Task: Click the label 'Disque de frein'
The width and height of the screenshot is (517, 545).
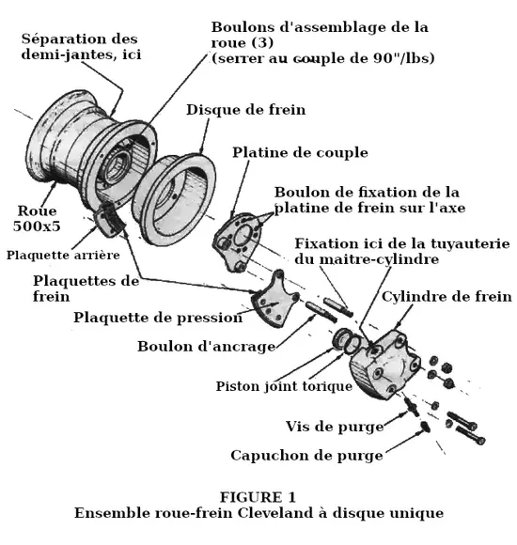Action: tap(245, 110)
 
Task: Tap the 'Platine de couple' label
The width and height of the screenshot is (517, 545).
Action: tap(300, 152)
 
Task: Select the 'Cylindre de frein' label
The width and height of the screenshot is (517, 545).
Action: tap(446, 297)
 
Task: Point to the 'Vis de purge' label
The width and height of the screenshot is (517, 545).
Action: tap(335, 427)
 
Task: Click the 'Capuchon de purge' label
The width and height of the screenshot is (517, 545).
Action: tap(306, 456)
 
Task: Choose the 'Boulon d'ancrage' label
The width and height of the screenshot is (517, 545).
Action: tap(207, 347)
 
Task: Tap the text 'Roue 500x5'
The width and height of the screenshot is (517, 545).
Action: tap(37, 218)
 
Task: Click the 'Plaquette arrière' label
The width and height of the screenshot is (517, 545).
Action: tap(63, 256)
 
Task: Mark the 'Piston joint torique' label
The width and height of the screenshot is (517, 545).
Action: tap(284, 386)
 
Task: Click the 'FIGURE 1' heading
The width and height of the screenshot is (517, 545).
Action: tap(258, 497)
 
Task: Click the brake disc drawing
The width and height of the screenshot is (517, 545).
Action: tap(174, 199)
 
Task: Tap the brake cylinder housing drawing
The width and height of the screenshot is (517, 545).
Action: tap(384, 365)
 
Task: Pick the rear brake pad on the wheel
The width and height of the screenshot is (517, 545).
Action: tap(109, 220)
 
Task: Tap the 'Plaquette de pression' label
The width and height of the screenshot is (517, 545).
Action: tap(158, 318)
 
